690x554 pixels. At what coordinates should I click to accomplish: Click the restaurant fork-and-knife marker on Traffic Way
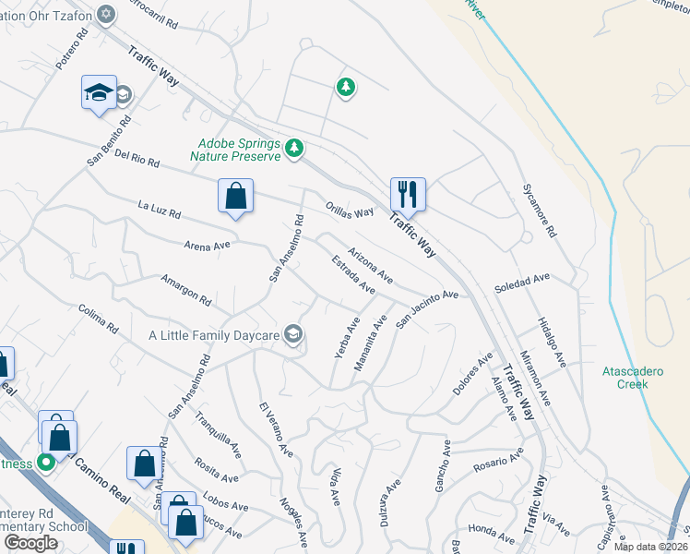[x=408, y=195]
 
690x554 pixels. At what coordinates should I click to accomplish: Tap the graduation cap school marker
[x=99, y=93]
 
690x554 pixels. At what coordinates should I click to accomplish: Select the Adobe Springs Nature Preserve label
[x=239, y=150]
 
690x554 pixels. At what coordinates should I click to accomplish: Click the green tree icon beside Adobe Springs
[x=294, y=148]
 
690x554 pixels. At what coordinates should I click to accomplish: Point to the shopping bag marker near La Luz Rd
[x=236, y=196]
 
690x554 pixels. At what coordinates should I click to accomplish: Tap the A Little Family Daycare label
[x=214, y=335]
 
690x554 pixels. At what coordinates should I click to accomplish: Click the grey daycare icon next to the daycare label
[x=293, y=334]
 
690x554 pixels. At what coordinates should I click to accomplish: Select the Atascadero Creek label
[x=633, y=378]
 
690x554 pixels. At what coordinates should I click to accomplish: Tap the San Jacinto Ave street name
[x=427, y=308]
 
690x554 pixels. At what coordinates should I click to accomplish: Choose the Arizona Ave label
[x=371, y=265]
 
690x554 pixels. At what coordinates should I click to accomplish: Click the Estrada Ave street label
[x=353, y=274]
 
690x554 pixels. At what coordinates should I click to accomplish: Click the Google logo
[x=31, y=543]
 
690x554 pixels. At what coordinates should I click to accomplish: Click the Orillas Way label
[x=350, y=211]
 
